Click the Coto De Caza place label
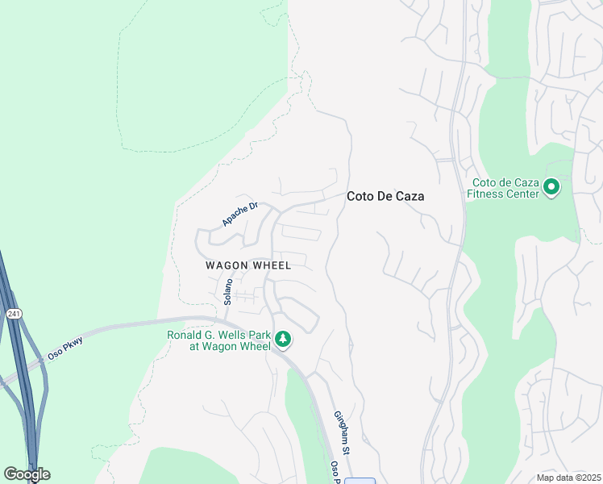point(385,196)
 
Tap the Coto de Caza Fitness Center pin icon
point(551,188)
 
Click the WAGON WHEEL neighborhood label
point(247,265)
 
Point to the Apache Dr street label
point(239,214)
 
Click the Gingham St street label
point(342,431)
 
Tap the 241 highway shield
point(13,313)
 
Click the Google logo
point(27,474)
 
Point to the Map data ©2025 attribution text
point(568,478)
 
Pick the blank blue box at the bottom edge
point(360,481)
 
